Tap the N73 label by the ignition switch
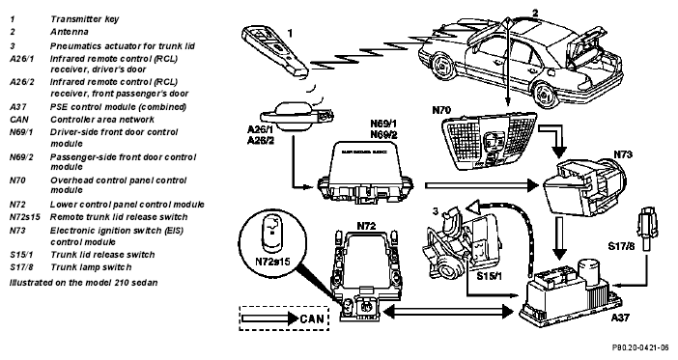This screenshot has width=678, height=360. pos(623,154)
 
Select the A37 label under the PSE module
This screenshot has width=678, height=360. pos(620,318)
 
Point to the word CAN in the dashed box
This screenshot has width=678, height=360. pos(312,318)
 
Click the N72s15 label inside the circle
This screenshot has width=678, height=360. pos(272,262)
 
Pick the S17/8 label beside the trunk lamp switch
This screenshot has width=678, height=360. pos(621,246)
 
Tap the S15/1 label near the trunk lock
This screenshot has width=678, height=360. pos(489,275)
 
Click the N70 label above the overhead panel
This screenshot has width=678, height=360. pos(441,110)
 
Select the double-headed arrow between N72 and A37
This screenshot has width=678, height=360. pos(448,311)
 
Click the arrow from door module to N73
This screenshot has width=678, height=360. pos(482,185)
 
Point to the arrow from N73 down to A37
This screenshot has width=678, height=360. pos(560,238)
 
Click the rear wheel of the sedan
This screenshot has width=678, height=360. pos(545,95)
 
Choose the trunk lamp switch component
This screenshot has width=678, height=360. pos(647,228)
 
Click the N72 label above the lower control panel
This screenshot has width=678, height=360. pos(366,226)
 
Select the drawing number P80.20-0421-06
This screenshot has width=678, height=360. pos(640,347)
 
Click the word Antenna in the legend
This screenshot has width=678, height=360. pos(70,32)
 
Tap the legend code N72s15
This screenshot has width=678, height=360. pos(25,217)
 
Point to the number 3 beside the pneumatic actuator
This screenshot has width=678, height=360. pos(436,211)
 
